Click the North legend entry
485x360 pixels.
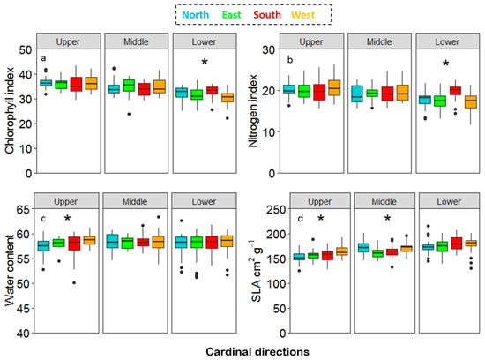195,15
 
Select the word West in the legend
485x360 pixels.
302,15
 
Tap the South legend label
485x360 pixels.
267,15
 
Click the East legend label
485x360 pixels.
231,15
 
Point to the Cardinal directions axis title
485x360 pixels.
257,352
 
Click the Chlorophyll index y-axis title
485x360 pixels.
10,110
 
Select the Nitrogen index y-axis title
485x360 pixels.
253,111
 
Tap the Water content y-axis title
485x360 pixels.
10,271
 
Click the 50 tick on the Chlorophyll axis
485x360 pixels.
26,49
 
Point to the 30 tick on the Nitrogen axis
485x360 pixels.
268,49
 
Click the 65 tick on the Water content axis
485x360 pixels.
23,210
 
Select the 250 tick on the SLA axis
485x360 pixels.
276,210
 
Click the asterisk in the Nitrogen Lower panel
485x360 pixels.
445,64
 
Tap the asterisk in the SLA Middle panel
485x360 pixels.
387,219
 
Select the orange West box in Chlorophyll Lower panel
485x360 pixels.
228,98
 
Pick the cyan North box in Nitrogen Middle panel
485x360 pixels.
357,94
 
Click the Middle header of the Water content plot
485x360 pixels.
135,201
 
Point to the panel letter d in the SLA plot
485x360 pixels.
300,219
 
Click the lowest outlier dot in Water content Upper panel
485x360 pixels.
74,283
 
